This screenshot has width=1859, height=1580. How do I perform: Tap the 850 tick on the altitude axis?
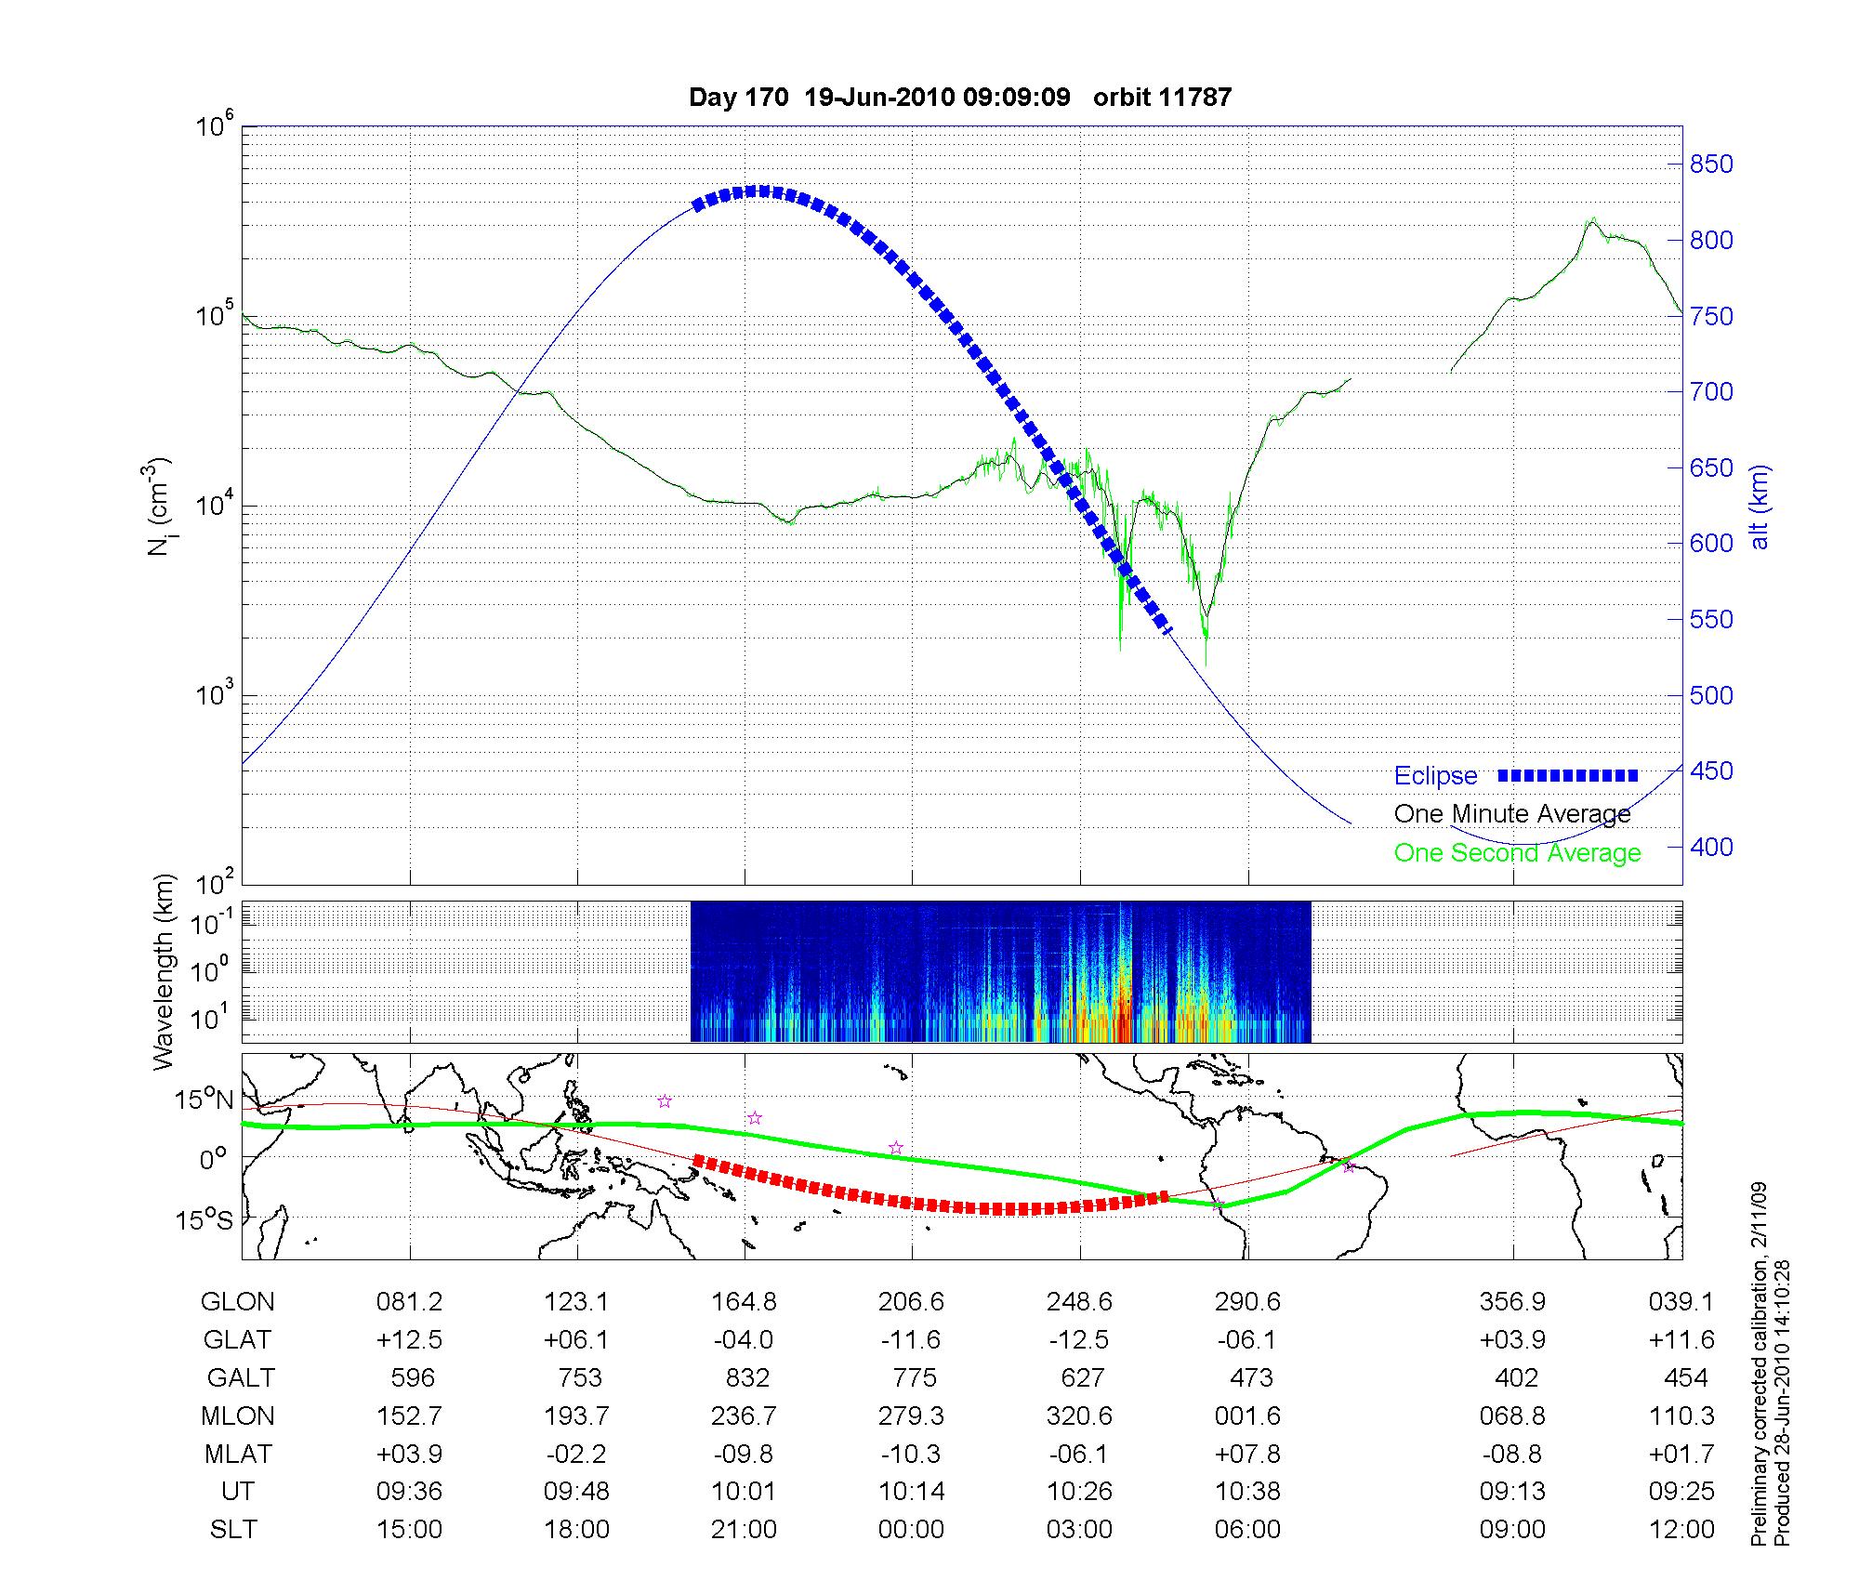(1711, 165)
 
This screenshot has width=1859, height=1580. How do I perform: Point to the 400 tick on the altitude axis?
(1711, 847)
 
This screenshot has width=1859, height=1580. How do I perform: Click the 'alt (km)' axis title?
(1759, 507)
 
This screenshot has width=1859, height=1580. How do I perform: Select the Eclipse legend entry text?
(1435, 775)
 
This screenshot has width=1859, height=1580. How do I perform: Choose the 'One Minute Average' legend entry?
(1512, 814)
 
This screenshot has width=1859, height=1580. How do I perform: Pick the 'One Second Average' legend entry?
(1517, 852)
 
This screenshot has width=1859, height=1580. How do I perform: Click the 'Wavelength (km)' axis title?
(164, 971)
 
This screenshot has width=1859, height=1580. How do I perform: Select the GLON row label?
(237, 1301)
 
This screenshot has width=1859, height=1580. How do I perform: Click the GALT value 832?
(744, 1377)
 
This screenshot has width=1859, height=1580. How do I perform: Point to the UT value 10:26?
(1079, 1491)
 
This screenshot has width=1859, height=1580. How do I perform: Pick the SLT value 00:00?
(911, 1529)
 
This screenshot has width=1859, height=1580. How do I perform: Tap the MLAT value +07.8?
(1247, 1454)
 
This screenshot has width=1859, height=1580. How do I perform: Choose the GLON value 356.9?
(1512, 1301)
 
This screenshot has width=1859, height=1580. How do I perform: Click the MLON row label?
(237, 1415)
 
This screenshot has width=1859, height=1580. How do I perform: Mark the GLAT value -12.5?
(1079, 1339)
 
